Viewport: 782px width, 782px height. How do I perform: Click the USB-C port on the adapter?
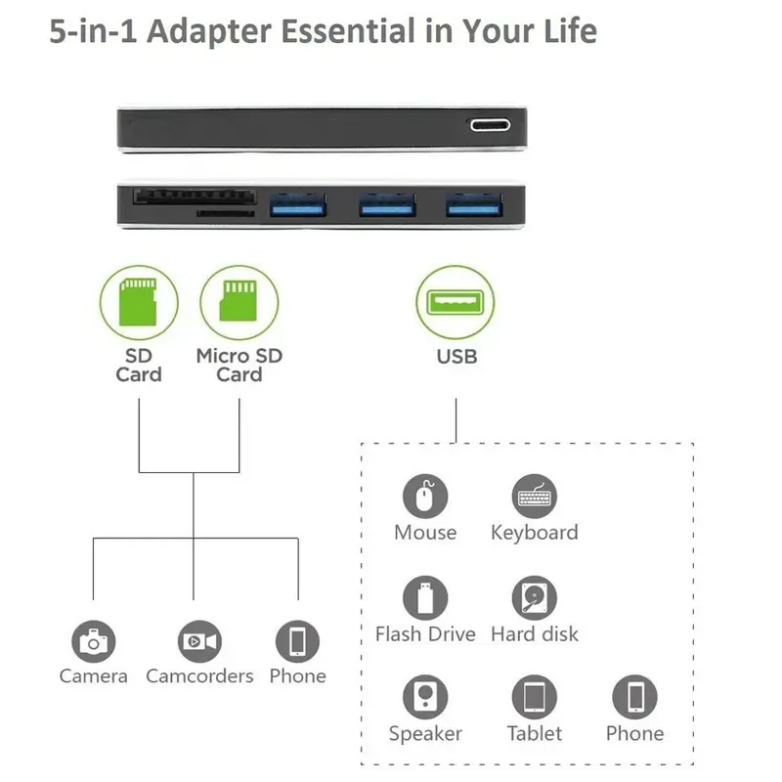pos(491,125)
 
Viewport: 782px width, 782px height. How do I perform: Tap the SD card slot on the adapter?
pos(195,196)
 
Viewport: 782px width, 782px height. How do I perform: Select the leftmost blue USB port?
pos(298,204)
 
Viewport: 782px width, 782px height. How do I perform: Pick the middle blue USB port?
pos(387,204)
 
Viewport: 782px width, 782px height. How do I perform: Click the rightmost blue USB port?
pos(474,204)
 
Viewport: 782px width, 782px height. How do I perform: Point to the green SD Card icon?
pos(138,302)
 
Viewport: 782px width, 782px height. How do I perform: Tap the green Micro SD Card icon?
pos(239,301)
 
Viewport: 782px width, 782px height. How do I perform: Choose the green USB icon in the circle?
pos(456,302)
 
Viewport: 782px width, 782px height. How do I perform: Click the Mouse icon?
pos(425,497)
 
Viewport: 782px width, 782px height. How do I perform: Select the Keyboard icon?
pos(535,497)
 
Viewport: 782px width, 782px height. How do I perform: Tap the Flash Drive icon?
pos(425,598)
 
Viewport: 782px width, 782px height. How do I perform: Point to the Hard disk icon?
pos(535,598)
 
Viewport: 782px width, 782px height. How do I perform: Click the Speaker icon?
pos(425,697)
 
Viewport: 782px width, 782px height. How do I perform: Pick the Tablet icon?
pos(535,697)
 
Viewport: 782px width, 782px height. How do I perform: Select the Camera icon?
pos(93,642)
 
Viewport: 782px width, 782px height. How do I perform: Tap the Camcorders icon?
pos(199,642)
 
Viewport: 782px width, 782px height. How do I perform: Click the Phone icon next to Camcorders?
pos(298,642)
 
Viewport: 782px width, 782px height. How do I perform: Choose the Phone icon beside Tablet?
pos(634,697)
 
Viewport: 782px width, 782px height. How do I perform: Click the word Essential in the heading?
pos(348,31)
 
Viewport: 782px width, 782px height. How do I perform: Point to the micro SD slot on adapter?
pos(226,213)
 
